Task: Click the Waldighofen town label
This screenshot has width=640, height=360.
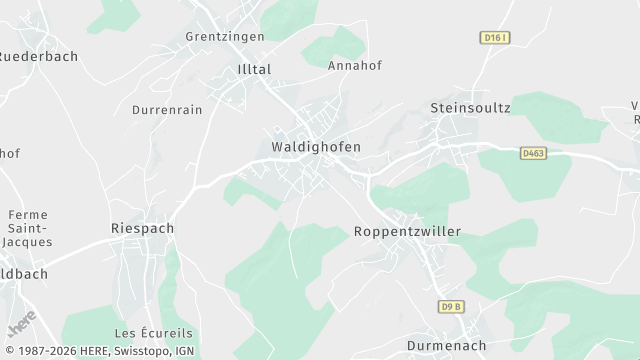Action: [316, 147]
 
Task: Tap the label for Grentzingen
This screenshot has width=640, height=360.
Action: [225, 37]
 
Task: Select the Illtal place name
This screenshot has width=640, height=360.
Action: [254, 70]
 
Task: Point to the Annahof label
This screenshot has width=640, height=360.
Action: [355, 66]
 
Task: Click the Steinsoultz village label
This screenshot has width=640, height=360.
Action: [470, 108]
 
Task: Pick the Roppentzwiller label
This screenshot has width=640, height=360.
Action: [408, 232]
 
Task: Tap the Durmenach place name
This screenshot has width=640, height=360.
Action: [448, 346]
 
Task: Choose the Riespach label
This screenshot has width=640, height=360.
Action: [142, 229]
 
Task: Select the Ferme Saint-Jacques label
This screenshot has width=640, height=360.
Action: [28, 229]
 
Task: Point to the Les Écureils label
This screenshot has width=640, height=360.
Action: [153, 333]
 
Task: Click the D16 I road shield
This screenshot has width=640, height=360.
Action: [494, 38]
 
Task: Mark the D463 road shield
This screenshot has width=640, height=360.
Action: [533, 153]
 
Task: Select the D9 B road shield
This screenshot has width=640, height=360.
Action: [452, 306]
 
